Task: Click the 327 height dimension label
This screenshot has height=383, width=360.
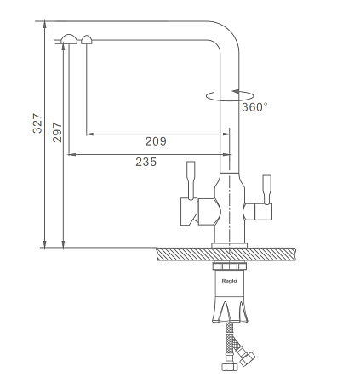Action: (x=37, y=123)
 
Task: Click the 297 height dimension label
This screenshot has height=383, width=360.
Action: (x=57, y=132)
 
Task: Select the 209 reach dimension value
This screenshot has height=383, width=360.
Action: (x=156, y=141)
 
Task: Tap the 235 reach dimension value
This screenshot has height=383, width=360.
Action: (x=146, y=162)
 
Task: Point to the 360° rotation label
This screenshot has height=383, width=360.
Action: (x=254, y=107)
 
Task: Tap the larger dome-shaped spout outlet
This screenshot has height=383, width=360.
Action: (x=69, y=39)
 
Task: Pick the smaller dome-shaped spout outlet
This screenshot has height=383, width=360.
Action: (x=87, y=40)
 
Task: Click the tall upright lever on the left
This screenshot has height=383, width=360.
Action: (x=191, y=180)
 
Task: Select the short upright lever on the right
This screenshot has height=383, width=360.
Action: (x=267, y=189)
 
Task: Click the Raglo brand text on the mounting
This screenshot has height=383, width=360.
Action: (x=229, y=281)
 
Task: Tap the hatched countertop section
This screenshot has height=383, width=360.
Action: (x=226, y=254)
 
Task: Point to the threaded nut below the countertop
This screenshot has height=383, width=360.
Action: (x=230, y=266)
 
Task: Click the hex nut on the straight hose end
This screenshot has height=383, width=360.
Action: (x=230, y=367)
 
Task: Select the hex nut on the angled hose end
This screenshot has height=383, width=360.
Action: (x=247, y=358)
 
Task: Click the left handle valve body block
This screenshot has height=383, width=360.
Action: (x=189, y=212)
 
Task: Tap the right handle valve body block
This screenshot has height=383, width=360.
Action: (x=263, y=212)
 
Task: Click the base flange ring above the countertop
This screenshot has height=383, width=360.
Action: (x=230, y=245)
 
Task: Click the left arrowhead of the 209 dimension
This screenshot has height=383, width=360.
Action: (x=89, y=134)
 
